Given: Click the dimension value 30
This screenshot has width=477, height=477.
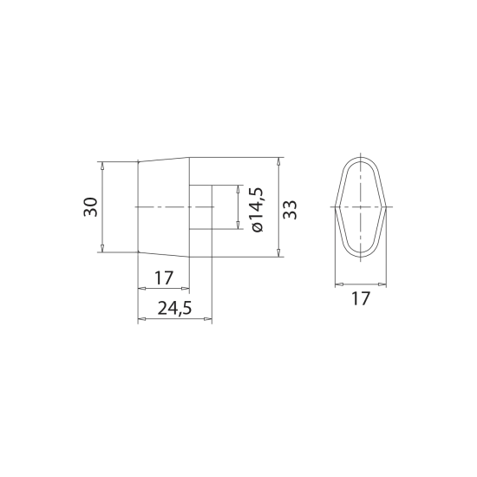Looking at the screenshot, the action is (91, 207).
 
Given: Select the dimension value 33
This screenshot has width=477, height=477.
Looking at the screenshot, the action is (290, 210).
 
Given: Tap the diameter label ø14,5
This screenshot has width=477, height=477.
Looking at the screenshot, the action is (256, 210).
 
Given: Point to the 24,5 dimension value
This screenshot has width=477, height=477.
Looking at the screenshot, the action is (174, 309).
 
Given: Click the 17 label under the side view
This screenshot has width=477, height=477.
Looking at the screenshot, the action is (164, 278).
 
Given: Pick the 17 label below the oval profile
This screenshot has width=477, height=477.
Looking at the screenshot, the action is (361, 298).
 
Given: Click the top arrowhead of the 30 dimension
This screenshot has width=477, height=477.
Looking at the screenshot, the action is (102, 166).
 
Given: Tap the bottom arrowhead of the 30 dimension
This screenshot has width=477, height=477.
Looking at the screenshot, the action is (102, 248).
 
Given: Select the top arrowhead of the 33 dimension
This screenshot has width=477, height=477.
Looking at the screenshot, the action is (278, 161).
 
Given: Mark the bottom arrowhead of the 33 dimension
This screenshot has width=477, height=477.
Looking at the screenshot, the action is (278, 252).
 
